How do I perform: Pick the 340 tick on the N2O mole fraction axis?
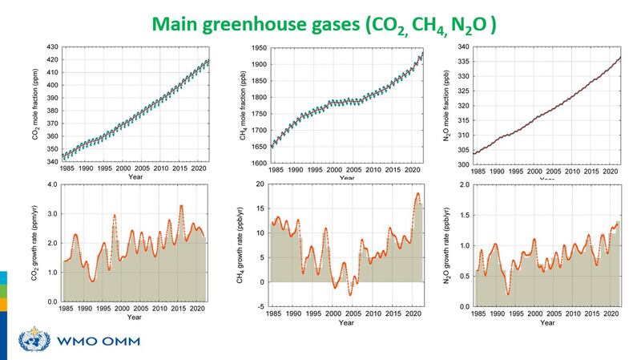[x=463, y=47]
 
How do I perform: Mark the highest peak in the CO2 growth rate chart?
[x=181, y=206]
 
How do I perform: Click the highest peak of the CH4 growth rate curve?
[x=417, y=193]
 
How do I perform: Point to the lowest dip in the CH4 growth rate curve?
[x=349, y=295]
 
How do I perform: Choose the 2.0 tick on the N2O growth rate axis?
[x=464, y=184]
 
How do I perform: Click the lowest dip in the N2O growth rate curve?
[x=508, y=294]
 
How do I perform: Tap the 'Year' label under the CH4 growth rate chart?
[x=346, y=323]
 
